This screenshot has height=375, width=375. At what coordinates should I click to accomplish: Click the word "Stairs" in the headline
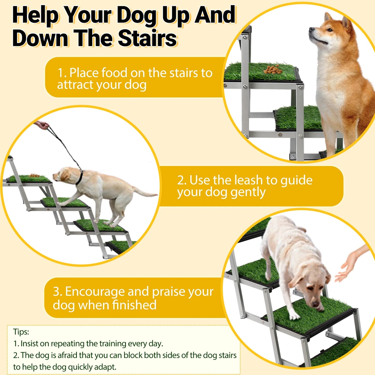pos(147,38)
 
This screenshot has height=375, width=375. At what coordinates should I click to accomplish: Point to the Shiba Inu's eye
pos(329,30)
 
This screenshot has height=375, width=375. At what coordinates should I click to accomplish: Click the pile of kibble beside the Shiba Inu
pos(273,69)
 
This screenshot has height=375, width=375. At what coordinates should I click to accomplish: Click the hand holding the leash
pos(42,125)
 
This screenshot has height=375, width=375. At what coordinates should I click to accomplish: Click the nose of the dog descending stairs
pos(315,304)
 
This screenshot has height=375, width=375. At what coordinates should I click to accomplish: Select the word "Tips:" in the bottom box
pos(21,332)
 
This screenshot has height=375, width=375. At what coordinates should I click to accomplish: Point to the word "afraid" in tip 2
pos(67,355)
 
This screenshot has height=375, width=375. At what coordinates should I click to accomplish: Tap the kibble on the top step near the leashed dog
pos(34,175)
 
